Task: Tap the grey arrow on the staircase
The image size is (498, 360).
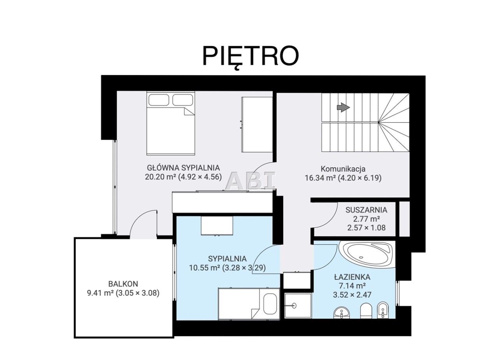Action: coord(343,108)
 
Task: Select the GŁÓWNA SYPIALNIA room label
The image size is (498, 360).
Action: coord(183,167)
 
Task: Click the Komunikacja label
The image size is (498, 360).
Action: coord(343,169)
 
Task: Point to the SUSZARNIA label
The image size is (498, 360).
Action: coord(366,210)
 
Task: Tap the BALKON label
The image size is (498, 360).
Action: coord(123,284)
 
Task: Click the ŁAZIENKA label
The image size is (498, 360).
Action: coord(352,277)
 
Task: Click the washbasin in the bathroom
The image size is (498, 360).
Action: coord(342,313)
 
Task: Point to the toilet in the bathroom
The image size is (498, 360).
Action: coord(366,311)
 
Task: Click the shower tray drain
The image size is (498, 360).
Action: coord(295,306)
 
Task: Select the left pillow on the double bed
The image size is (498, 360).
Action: coord(159,100)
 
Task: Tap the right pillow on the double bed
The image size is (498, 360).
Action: coord(183,100)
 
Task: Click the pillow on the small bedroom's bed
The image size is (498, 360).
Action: coord(270,304)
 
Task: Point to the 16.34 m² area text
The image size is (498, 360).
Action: coord(320,178)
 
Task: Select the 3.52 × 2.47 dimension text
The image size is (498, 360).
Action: coord(352,295)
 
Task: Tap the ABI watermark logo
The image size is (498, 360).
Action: coord(250,181)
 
